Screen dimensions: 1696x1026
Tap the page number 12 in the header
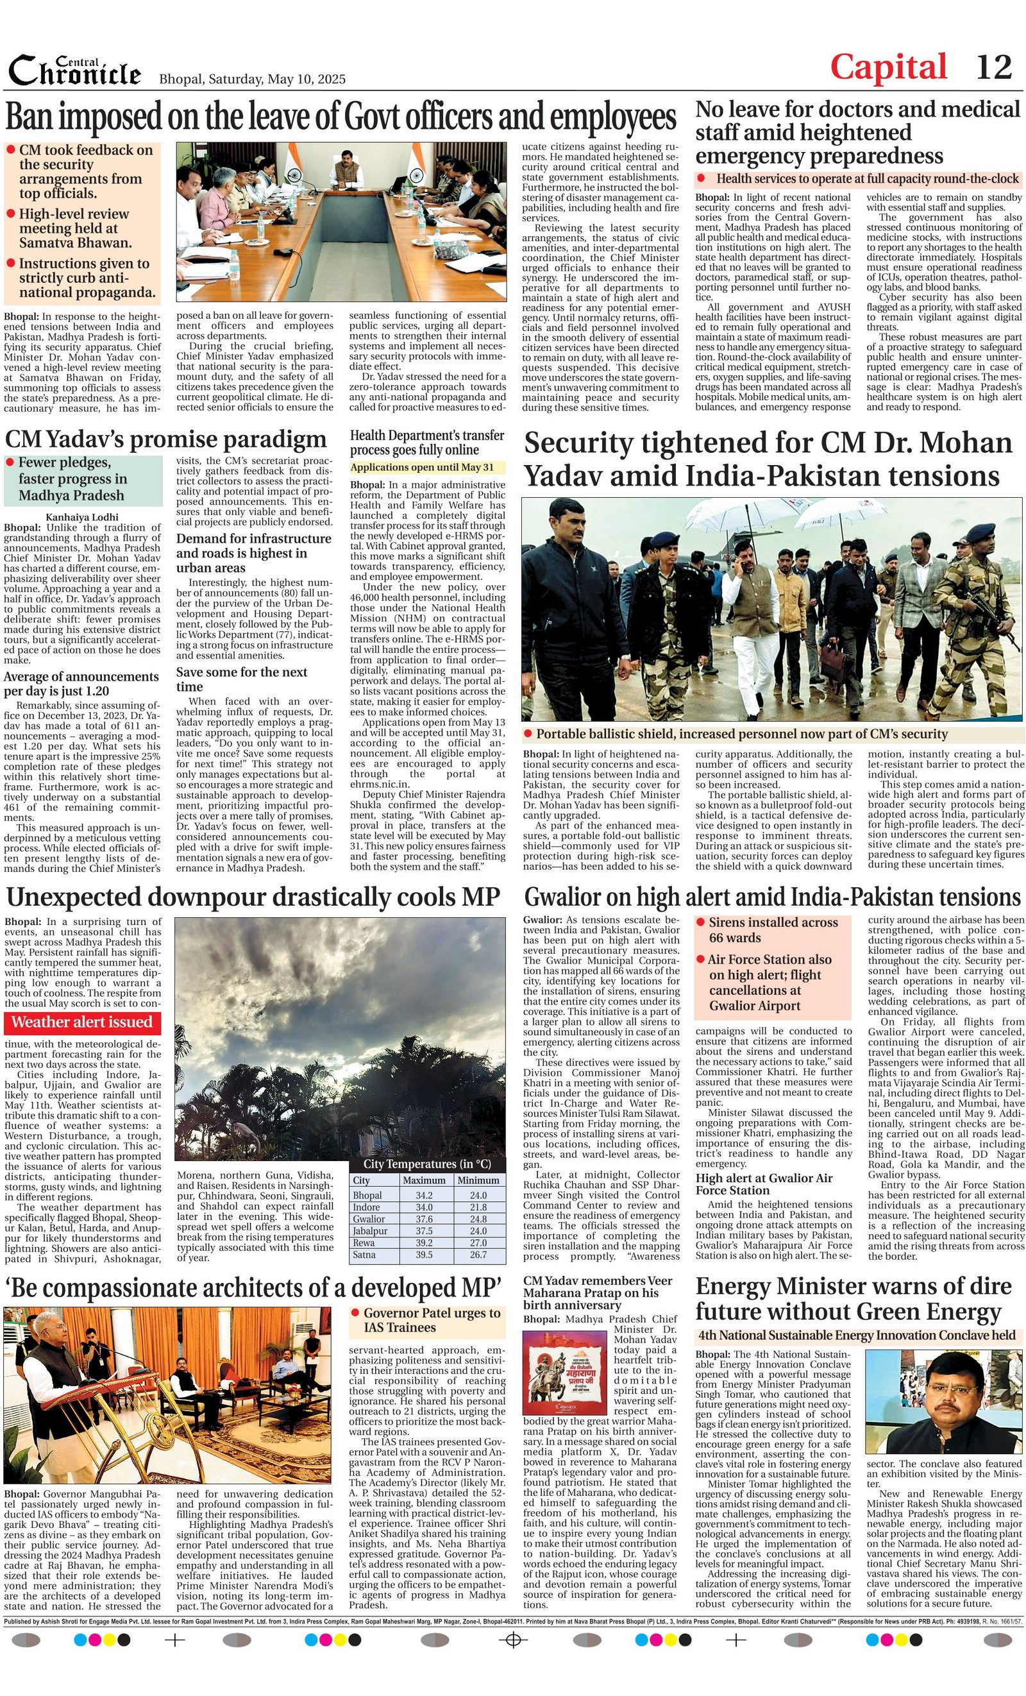click(994, 67)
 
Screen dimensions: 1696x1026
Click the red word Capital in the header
click(888, 67)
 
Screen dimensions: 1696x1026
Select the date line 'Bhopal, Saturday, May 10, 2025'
click(253, 79)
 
